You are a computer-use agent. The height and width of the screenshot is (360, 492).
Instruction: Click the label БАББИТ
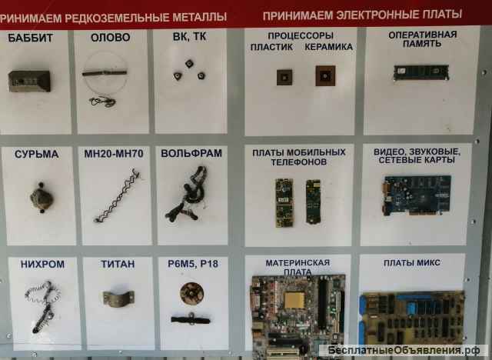click(x=32, y=37)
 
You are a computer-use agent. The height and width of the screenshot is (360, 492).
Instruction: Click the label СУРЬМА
click(x=36, y=154)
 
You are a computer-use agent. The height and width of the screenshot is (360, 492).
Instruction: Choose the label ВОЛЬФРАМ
click(x=191, y=153)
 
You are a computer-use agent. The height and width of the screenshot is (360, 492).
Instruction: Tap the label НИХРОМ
click(x=38, y=264)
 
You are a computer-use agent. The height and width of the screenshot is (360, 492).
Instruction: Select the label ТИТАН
click(x=118, y=264)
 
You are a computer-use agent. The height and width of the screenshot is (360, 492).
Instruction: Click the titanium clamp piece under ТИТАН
click(x=118, y=297)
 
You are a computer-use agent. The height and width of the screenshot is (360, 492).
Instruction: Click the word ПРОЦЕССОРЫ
click(x=301, y=36)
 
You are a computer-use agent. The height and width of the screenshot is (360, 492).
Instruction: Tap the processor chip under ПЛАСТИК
click(x=284, y=76)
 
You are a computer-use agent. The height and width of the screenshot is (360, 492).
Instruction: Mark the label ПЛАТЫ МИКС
click(x=412, y=263)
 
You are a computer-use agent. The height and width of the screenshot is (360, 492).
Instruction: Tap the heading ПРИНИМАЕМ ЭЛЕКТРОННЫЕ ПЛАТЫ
click(x=362, y=14)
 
